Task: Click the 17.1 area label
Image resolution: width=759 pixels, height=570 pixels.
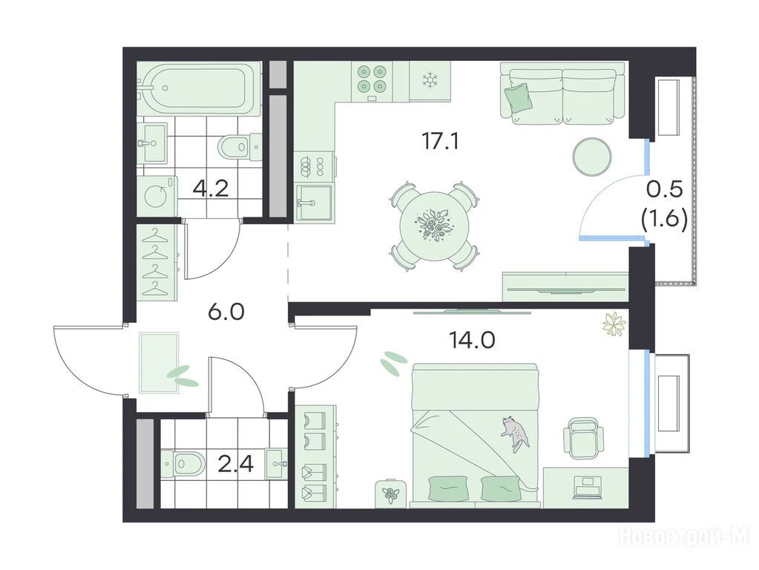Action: pos(440,142)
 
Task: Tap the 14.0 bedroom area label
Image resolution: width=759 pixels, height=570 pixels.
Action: pos(472,341)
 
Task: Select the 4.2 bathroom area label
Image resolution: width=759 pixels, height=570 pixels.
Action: pos(211,188)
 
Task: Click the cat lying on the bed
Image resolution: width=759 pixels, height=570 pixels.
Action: pos(516,433)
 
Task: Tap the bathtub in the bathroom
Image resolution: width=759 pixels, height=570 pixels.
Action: pos(200,88)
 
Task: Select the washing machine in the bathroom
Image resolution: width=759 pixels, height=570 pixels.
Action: pos(157,196)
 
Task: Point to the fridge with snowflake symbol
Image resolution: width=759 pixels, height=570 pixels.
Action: pos(430,81)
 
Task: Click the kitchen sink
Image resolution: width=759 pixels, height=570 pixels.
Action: pos(314,203)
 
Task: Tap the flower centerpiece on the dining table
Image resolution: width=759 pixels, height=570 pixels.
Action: pos(433,225)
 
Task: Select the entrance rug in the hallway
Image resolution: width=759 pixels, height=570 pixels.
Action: pos(159,363)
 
